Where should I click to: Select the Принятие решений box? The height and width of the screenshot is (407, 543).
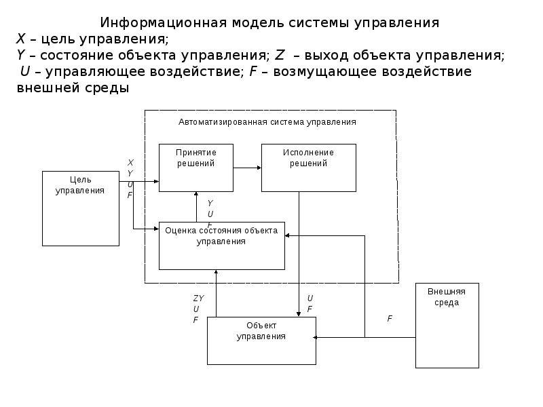196,168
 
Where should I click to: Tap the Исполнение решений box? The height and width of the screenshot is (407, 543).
308,168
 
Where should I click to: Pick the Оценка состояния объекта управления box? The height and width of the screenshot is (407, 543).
221,246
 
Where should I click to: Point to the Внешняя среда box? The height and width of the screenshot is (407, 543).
447,325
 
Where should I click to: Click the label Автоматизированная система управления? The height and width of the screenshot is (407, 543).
267,122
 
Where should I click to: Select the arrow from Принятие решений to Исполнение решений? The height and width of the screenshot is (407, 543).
247,168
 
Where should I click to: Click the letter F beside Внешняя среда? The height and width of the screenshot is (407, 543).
390,318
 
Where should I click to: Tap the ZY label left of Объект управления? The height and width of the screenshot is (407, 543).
198,298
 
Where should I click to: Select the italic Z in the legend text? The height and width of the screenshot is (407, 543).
280,56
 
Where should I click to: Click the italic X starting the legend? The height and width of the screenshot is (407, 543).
20,39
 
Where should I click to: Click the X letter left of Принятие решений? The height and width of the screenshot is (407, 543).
130,162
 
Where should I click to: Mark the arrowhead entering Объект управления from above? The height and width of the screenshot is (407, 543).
299,313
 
